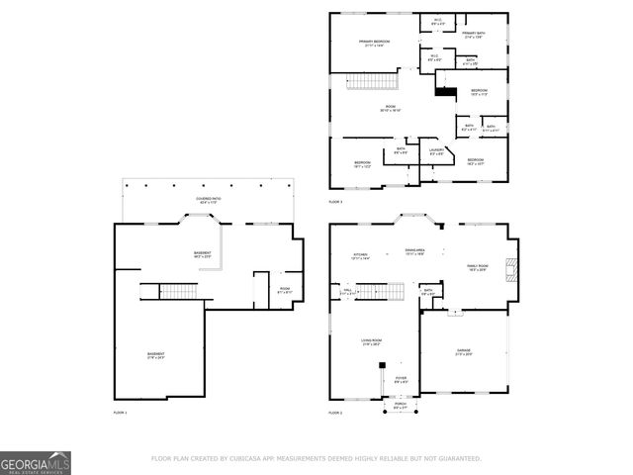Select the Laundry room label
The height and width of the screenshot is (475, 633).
pyautogui.click(x=436, y=151)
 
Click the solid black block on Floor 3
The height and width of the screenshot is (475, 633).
pyautogui.click(x=445, y=93)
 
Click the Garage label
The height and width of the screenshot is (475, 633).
pyautogui.click(x=463, y=351)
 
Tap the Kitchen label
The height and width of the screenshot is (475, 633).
pyautogui.click(x=360, y=255)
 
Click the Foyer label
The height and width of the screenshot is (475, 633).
pyautogui.click(x=401, y=379)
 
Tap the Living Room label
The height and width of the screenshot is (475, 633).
pyautogui.click(x=371, y=342)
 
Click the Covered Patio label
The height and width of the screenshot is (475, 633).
pyautogui.click(x=208, y=199)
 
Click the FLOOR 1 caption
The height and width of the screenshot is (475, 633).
pyautogui.click(x=120, y=412)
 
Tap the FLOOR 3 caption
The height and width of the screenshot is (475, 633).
pyautogui.click(x=335, y=202)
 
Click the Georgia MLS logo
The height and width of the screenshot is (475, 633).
pyautogui.click(x=36, y=463)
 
